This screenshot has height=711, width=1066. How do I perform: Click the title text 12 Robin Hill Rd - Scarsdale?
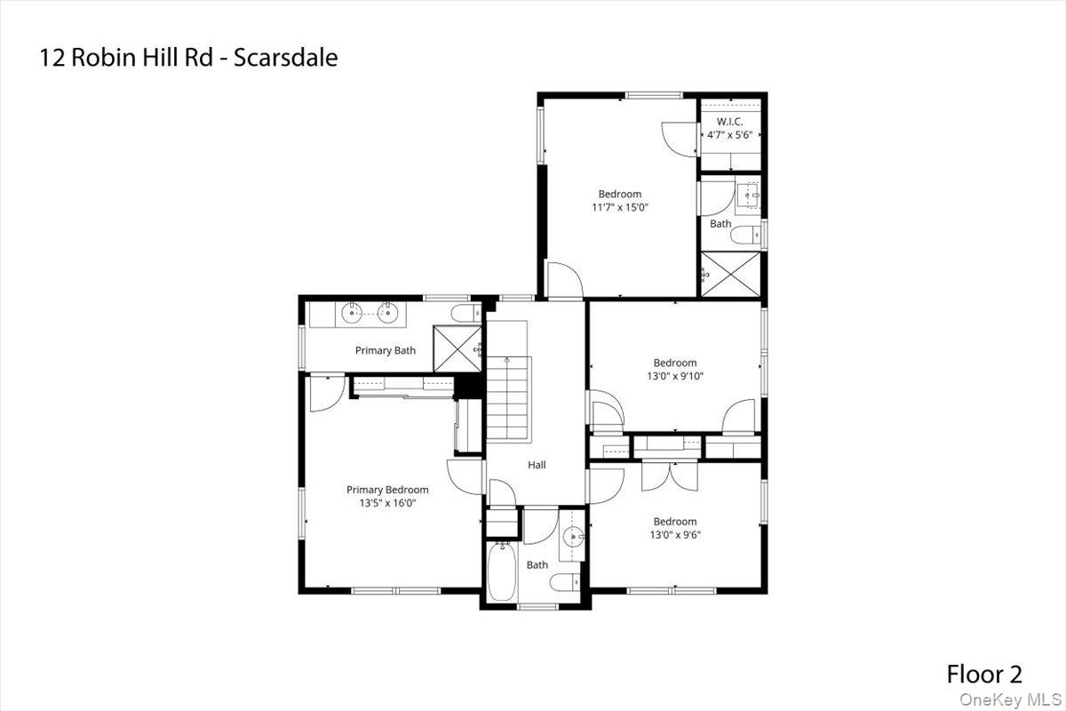pos(188,59)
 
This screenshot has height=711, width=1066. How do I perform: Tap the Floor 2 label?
pos(984,674)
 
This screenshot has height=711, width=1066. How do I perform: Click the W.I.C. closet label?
pos(729,121)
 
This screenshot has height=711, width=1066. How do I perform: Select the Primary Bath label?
pos(386,350)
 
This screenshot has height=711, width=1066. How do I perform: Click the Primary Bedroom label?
pos(387,490)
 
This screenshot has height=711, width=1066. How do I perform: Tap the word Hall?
pos(537,465)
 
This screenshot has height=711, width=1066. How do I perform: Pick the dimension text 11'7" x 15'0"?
pos(619,208)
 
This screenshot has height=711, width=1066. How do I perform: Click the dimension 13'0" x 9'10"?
pos(675,376)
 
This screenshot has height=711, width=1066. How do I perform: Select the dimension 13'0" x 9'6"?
pos(675,535)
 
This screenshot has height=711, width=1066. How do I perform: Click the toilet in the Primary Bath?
pos(463,314)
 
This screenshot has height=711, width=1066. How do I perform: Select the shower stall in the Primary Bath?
pos(456,348)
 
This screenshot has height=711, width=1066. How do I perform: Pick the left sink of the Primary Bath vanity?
pos(352,312)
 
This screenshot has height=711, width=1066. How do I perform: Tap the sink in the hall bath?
pos(572,536)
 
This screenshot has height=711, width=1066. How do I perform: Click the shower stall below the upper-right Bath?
pos(730,273)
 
